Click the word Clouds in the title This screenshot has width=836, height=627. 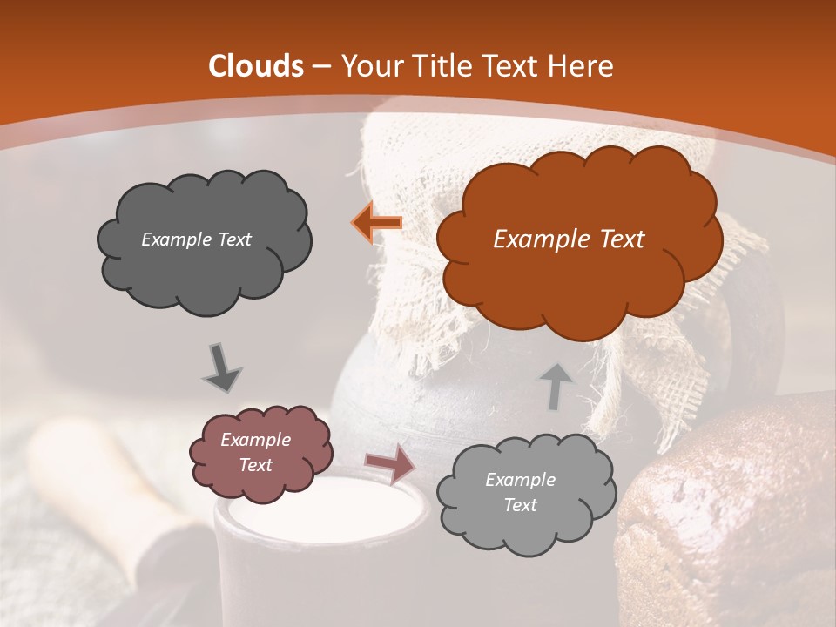256,66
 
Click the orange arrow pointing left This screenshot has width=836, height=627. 376,223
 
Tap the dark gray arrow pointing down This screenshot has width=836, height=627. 222,367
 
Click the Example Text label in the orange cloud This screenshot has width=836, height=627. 569,239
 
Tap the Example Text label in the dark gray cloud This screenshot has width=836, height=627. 196,239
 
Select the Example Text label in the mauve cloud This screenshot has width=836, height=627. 255,453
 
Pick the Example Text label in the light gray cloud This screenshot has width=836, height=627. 520,492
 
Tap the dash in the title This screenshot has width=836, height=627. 320,66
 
